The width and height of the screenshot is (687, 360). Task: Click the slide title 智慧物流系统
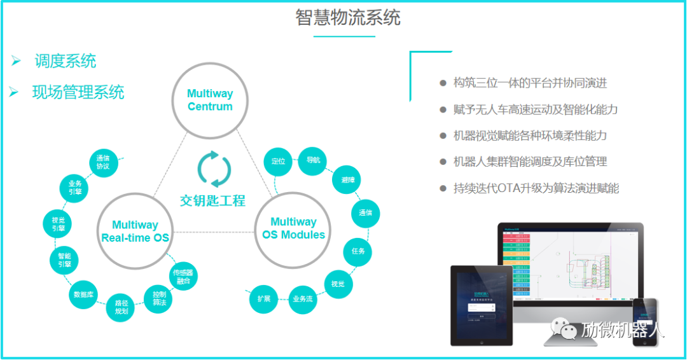[348, 17]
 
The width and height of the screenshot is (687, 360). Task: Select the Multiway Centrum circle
[210, 100]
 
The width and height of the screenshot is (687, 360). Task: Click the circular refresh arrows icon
[214, 169]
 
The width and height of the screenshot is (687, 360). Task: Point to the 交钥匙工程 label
[212, 201]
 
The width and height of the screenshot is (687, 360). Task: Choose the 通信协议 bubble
[103, 162]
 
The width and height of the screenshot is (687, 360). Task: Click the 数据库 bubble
[84, 294]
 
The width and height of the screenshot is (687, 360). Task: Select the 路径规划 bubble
[121, 307]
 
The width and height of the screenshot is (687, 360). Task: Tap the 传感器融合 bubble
[184, 276]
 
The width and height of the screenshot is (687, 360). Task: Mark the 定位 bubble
[278, 161]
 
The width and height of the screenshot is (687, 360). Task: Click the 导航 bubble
[313, 159]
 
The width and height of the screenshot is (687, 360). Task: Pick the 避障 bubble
[347, 180]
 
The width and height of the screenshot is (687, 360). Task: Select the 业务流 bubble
[302, 299]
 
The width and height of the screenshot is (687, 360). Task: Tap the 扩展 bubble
[263, 298]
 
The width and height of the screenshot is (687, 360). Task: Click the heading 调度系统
[66, 61]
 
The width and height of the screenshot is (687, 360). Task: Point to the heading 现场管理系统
[78, 92]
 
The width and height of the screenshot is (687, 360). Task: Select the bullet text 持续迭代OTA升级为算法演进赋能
[536, 188]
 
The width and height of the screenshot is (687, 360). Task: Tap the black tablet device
[482, 305]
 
